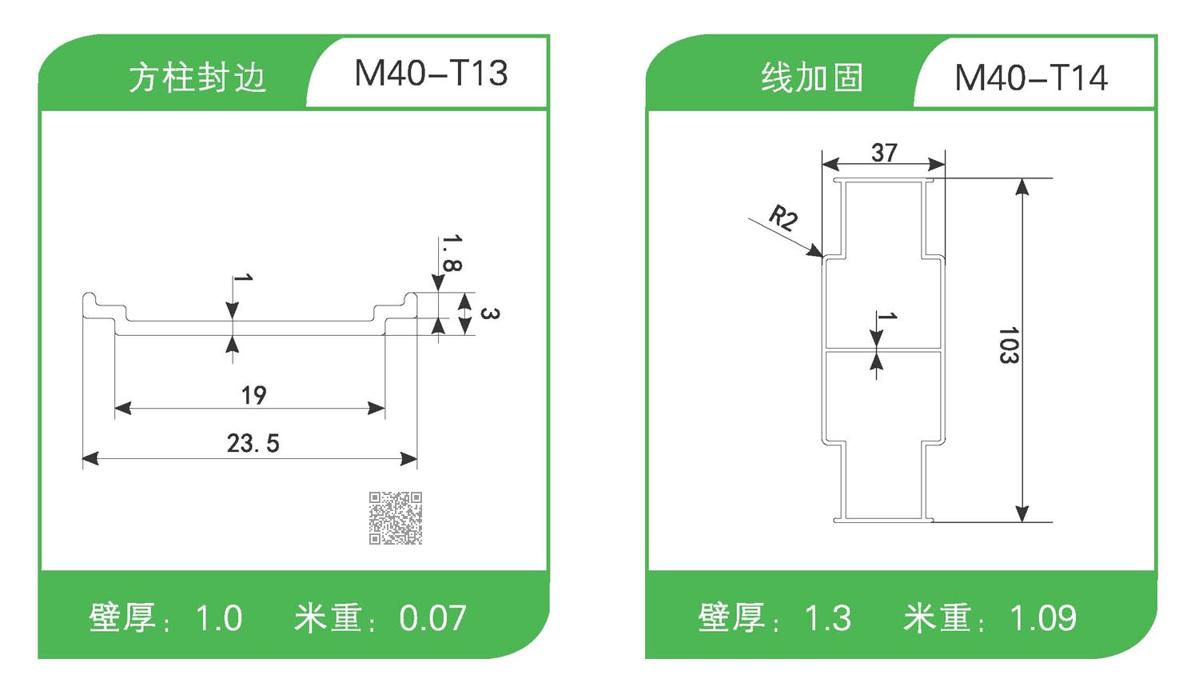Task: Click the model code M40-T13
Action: pos(431,74)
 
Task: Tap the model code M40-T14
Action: pos(1031,78)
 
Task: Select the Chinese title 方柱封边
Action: pos(197,78)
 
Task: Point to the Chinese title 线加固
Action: pos(812,78)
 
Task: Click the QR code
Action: pos(396,518)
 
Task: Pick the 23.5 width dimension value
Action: pos(253,443)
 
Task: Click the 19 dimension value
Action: pos(254,395)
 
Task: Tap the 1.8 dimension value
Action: pos(452,254)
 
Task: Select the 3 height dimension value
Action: pos(489,313)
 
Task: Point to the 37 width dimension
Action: pos(884,152)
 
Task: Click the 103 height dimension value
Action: pos(1008,345)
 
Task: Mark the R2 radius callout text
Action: pos(783,218)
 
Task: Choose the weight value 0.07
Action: pos(432,618)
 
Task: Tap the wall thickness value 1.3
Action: pos(827,618)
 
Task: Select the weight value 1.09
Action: pos(1042,618)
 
